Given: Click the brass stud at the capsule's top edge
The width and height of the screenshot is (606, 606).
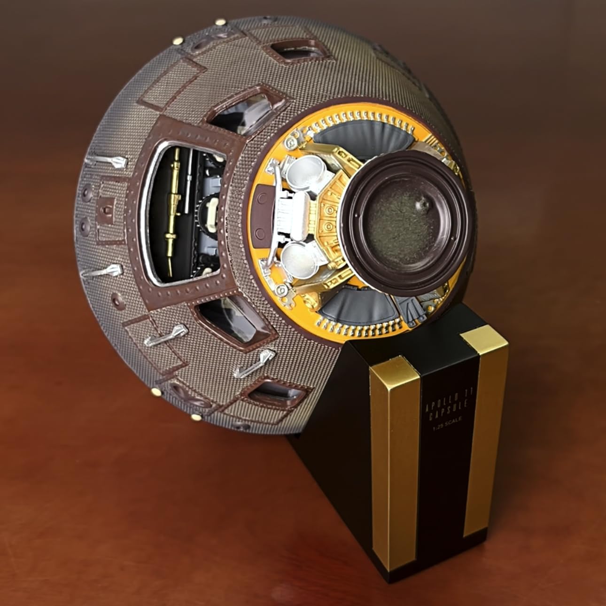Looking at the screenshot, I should click(220, 23).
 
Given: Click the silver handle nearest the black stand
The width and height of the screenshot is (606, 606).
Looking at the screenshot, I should click(254, 363).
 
